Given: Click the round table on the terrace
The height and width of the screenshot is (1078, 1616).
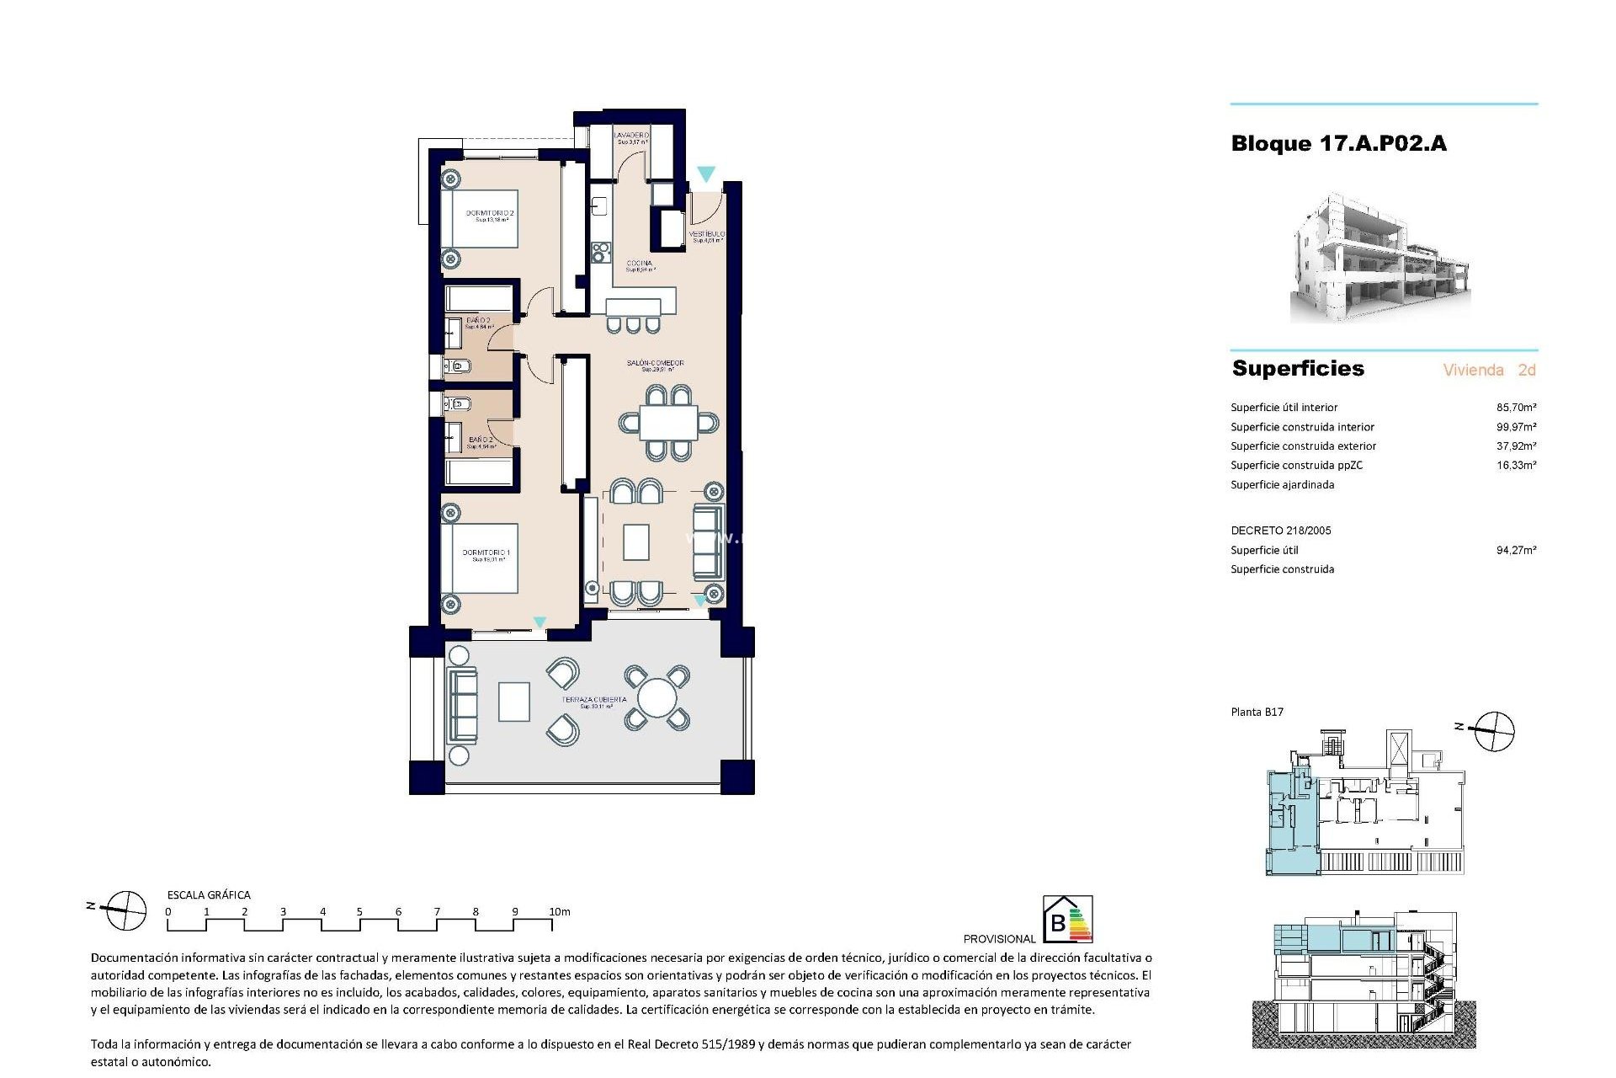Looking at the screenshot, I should (656, 698).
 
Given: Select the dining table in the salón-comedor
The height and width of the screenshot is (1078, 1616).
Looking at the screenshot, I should (668, 423).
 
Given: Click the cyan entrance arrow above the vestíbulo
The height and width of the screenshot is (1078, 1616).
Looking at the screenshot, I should (706, 173).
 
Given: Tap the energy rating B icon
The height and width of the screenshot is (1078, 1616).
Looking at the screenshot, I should (1067, 919).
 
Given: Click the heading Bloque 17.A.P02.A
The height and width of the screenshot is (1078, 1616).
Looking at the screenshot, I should (1338, 144).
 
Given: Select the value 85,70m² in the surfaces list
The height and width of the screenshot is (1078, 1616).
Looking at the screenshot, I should (1516, 408).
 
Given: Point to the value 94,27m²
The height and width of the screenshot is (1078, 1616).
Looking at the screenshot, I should (1516, 551).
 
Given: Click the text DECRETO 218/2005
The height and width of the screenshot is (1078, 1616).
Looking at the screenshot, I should (1280, 531).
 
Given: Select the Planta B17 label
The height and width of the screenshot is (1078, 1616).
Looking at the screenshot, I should (1257, 712).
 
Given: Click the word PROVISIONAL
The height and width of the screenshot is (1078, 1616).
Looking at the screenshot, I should (999, 939).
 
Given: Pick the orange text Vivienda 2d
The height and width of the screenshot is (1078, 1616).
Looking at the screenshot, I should (1489, 370).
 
